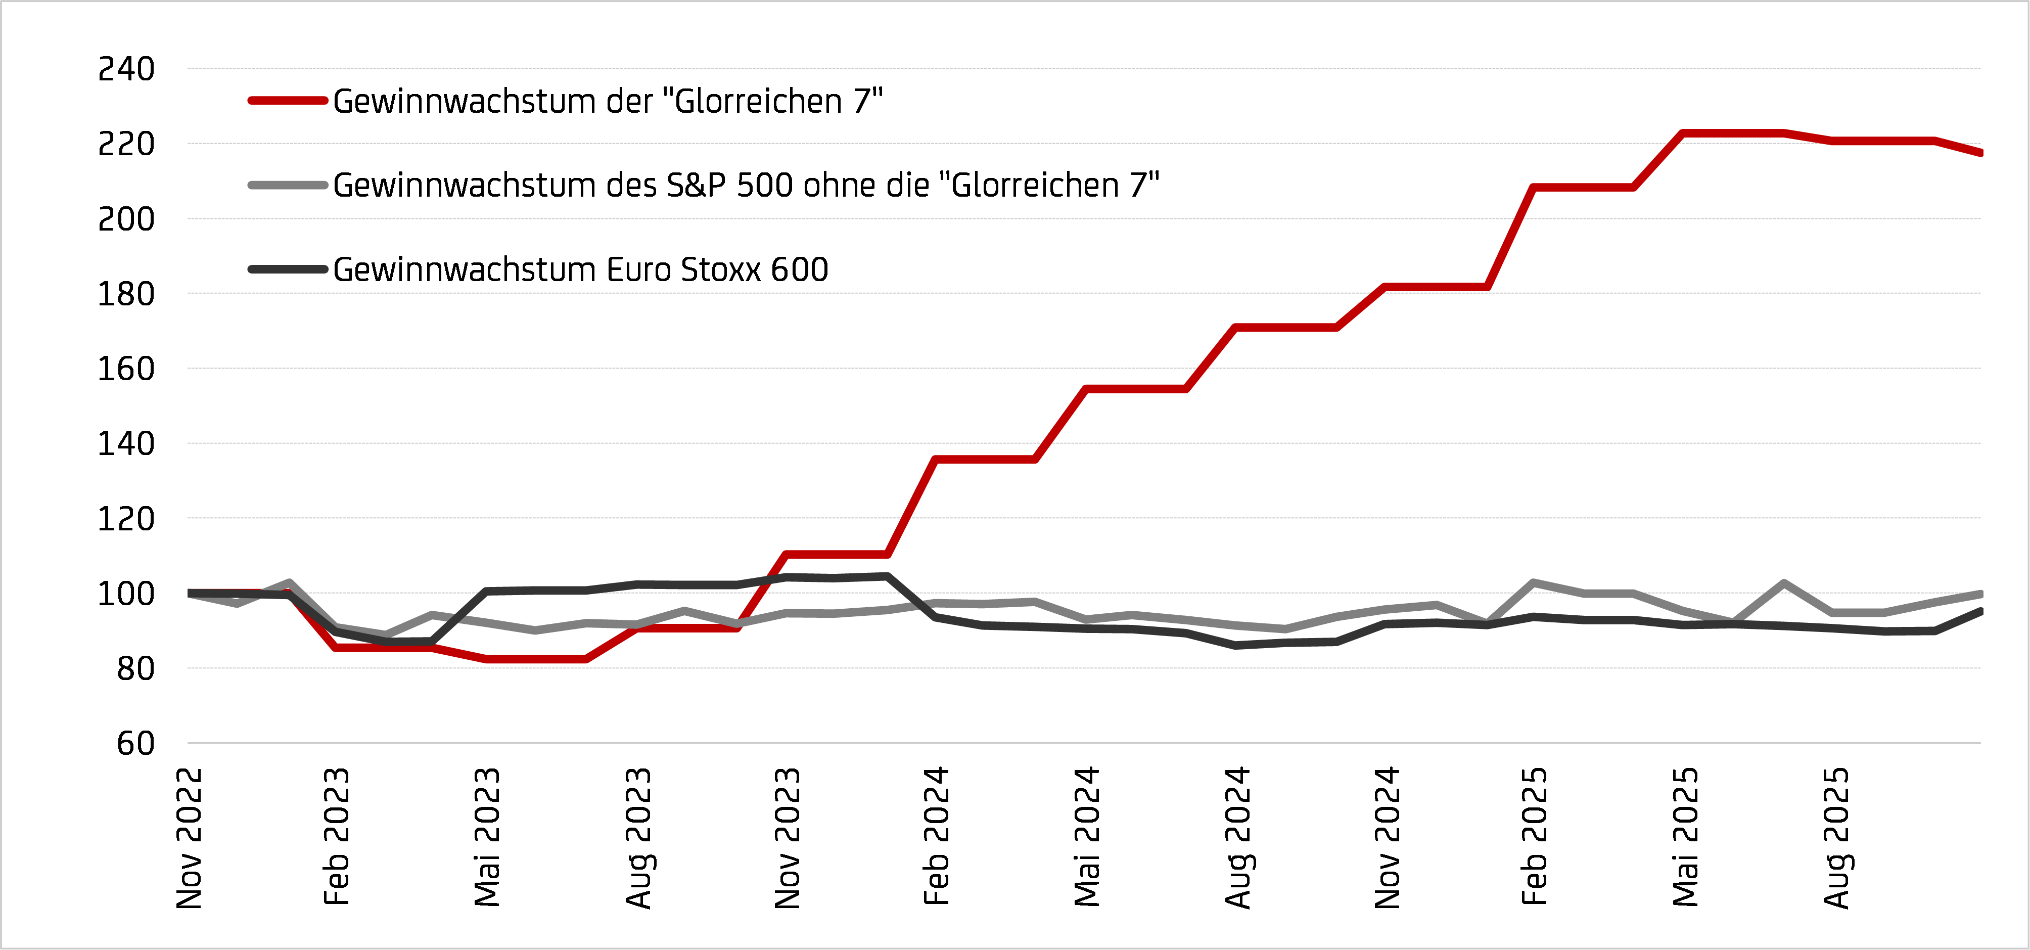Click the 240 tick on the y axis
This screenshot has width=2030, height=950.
(x=126, y=69)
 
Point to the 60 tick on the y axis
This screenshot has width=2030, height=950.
(x=135, y=743)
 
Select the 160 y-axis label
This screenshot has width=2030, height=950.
(x=126, y=369)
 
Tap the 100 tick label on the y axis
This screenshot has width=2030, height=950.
(x=126, y=594)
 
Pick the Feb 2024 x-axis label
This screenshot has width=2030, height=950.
(x=936, y=836)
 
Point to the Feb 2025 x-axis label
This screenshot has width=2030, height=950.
(x=1534, y=836)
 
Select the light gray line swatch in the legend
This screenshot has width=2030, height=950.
(x=288, y=185)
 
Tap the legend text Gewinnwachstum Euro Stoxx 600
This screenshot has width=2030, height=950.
(x=580, y=269)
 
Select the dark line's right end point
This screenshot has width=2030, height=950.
(x=1979, y=611)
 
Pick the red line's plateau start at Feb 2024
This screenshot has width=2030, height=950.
(x=935, y=459)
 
